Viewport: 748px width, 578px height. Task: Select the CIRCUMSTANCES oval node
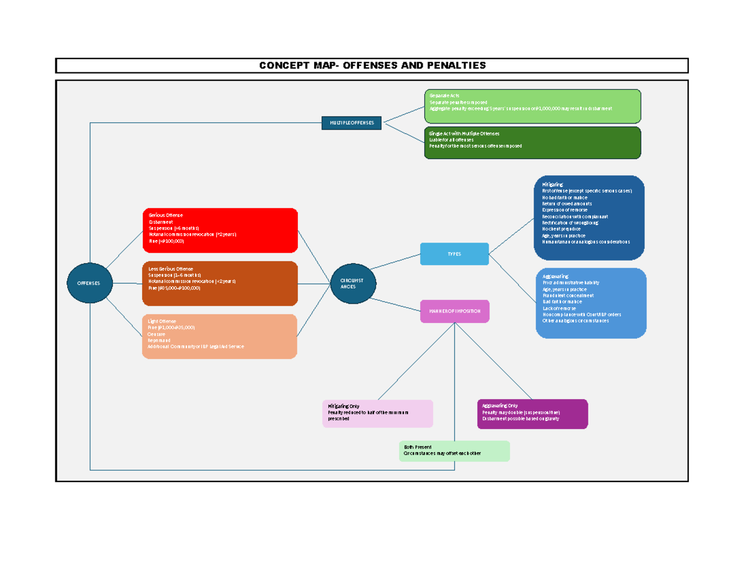[353, 283]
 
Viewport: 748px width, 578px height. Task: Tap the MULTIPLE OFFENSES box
[352, 123]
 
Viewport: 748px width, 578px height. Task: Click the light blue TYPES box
[454, 254]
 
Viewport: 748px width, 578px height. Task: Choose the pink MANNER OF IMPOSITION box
[454, 311]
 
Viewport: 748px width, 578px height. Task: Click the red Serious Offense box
[219, 230]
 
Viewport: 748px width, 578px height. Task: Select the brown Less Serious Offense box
[219, 284]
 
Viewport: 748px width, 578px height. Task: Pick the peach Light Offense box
[219, 337]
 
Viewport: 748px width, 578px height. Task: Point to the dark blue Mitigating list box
[589, 218]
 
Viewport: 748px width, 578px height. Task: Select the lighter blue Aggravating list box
[591, 303]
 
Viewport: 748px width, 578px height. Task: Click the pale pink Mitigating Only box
[377, 413]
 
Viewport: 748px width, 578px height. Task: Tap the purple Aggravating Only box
[532, 414]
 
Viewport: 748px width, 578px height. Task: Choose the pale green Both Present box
[454, 451]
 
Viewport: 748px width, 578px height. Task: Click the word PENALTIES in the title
[455, 65]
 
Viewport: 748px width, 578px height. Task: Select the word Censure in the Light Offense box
[156, 334]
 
